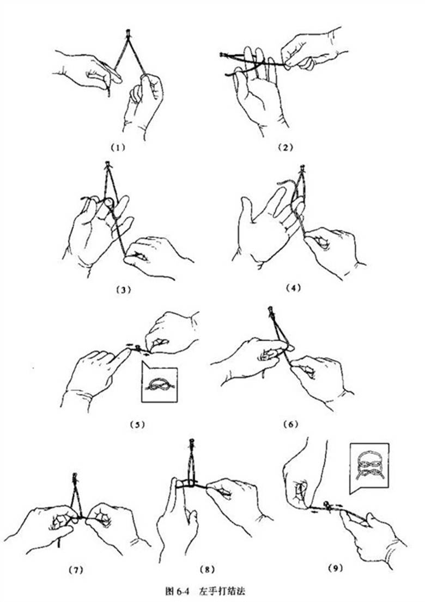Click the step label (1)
(118, 148)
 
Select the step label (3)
(123, 290)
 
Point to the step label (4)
(294, 287)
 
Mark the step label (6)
(290, 424)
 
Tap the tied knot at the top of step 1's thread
(128, 33)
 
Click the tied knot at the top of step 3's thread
(107, 165)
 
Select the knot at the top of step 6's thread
(271, 310)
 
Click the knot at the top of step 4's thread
(303, 169)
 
